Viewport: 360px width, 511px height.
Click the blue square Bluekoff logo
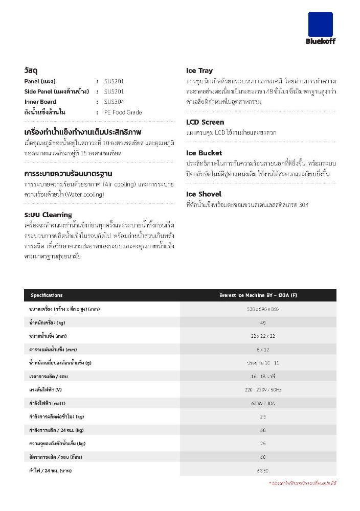[x=320, y=24]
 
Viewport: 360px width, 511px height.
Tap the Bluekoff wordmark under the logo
[x=320, y=41]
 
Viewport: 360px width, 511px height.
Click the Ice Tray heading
[x=199, y=71]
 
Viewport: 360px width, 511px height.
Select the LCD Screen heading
[x=205, y=122]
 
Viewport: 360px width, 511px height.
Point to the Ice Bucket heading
[x=204, y=153]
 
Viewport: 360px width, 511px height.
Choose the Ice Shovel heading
[x=204, y=194]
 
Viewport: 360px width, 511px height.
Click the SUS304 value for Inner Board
[x=114, y=102]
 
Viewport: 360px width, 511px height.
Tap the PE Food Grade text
[x=123, y=112]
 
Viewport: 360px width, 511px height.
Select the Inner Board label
[x=40, y=102]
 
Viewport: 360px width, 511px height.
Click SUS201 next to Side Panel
[x=114, y=91]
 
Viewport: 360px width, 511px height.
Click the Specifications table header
[x=47, y=295]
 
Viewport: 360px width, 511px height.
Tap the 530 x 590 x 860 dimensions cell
[x=262, y=309]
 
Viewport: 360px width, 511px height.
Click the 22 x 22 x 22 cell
[x=262, y=336]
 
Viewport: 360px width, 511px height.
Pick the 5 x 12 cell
[x=262, y=350]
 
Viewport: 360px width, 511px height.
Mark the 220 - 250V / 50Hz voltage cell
[x=262, y=389]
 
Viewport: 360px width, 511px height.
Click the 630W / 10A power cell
[x=262, y=403]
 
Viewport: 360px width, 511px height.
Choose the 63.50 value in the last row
[x=262, y=470]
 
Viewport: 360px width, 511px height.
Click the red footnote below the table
[x=302, y=483]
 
